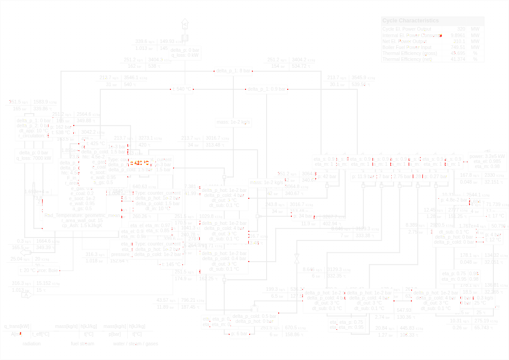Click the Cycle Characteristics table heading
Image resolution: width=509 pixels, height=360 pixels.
point(410,21)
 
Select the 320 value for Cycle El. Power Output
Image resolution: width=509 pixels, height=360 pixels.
point(461,29)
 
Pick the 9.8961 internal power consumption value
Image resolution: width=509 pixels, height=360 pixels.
point(458,35)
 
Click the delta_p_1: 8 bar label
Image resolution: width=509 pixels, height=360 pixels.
point(234,71)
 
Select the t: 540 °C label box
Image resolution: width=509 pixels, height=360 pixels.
point(182,89)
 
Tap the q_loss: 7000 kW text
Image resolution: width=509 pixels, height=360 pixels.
point(34,158)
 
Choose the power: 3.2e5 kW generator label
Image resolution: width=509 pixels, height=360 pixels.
point(487,156)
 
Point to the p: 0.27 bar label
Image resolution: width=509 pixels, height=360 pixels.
point(435,177)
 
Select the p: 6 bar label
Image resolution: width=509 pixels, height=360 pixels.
point(239,333)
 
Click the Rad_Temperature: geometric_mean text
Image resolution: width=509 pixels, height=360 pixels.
point(82,215)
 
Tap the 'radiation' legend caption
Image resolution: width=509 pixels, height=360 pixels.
point(32,344)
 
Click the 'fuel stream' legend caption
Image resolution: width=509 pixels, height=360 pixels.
point(82,344)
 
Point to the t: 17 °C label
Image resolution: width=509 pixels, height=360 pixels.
point(496,216)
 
